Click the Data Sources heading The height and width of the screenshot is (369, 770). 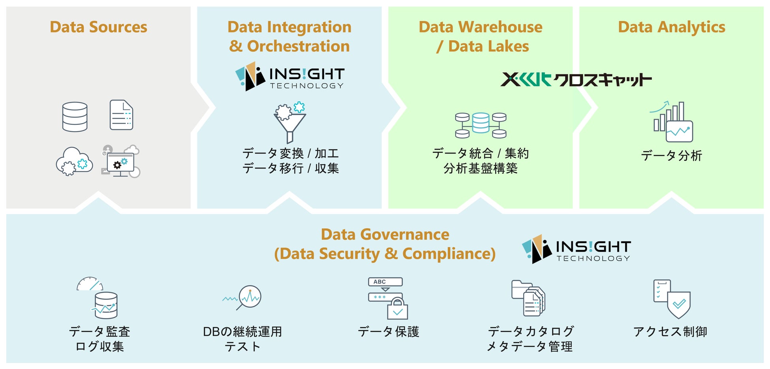[x=98, y=27]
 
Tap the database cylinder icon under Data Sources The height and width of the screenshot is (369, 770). [x=75, y=117]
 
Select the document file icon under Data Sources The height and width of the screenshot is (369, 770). [x=121, y=115]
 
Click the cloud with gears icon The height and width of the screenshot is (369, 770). [x=74, y=162]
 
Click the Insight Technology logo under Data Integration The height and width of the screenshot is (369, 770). [x=289, y=77]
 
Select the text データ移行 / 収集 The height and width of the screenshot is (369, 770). [x=290, y=168]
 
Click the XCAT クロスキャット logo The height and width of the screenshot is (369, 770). [x=576, y=79]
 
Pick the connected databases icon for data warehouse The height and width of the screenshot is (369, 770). [x=481, y=125]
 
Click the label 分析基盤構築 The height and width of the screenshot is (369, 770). [x=480, y=169]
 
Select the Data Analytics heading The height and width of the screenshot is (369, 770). [x=671, y=27]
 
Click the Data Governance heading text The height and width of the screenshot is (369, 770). [x=385, y=244]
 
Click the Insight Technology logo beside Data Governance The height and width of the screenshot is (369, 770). [x=576, y=249]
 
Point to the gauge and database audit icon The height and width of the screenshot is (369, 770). [x=99, y=298]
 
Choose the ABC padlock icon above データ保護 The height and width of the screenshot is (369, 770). [x=387, y=298]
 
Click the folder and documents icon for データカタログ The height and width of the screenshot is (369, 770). [x=528, y=298]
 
